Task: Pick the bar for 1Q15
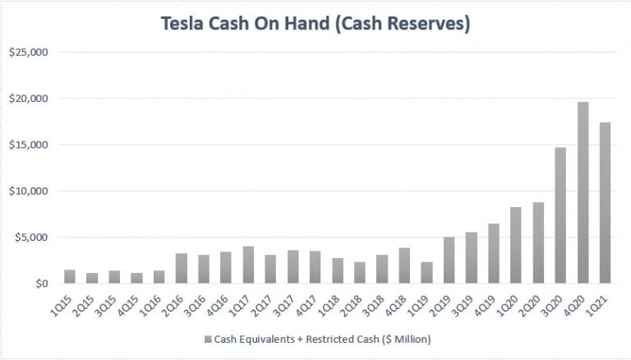70,277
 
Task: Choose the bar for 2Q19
449,261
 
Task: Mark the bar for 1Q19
426,273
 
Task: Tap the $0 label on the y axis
41,284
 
